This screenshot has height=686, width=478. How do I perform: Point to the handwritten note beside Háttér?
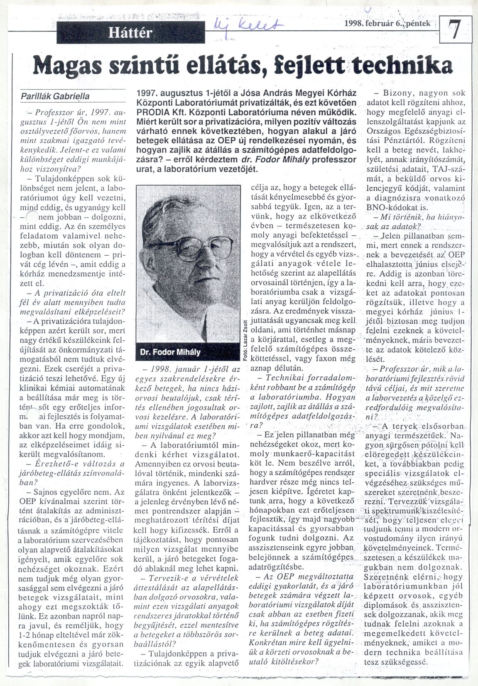[x=248, y=28]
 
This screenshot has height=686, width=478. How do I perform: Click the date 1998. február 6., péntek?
[x=387, y=24]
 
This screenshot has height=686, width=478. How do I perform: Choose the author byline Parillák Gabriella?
[x=55, y=96]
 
